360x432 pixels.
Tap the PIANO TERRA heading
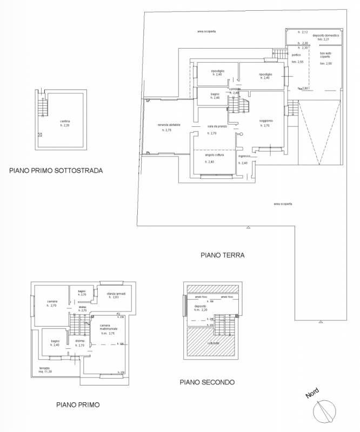(x=223, y=254)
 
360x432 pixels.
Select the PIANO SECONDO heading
(x=207, y=382)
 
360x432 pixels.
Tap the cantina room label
(x=66, y=121)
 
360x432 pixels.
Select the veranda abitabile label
(x=169, y=125)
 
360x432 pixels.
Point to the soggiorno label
(x=264, y=120)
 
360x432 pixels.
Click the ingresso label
(x=244, y=156)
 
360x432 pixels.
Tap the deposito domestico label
(x=328, y=36)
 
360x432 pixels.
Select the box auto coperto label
(x=325, y=56)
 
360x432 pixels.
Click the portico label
(x=296, y=55)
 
